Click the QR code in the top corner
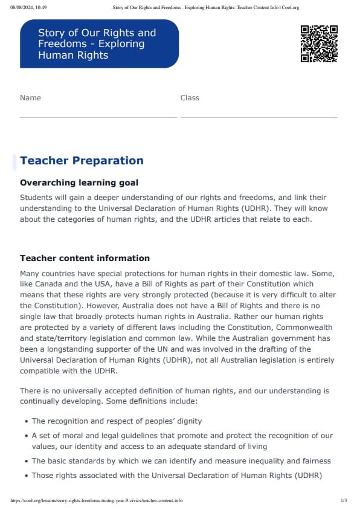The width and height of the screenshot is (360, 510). (x=318, y=44)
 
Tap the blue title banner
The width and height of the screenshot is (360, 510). (x=99, y=44)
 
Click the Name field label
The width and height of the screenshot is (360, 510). (x=30, y=98)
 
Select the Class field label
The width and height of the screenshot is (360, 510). (x=190, y=98)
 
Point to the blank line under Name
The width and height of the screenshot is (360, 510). (x=98, y=117)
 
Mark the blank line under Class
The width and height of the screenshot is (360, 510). (x=259, y=117)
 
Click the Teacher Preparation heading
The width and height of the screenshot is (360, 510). (x=82, y=161)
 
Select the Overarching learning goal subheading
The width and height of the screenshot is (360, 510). (x=79, y=182)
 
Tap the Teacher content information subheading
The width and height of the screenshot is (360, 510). (x=85, y=258)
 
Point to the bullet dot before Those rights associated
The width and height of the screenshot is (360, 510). (x=26, y=476)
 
